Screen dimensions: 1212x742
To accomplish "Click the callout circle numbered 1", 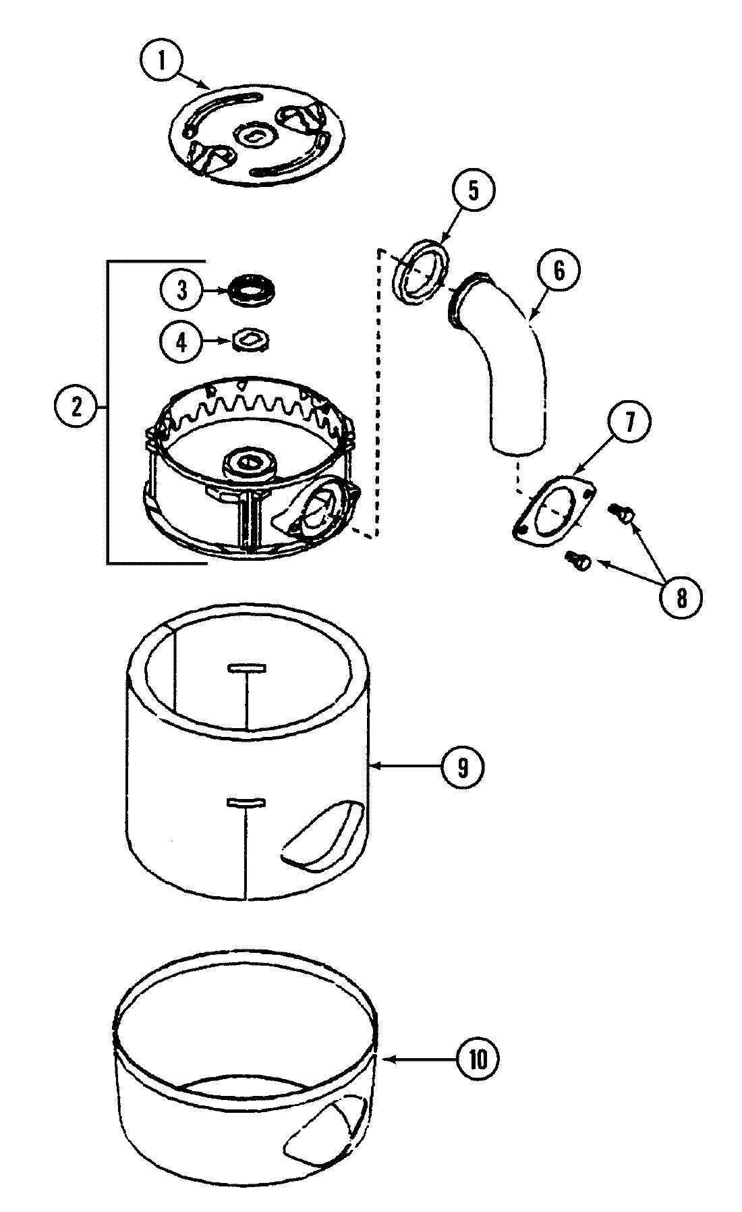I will (x=162, y=61).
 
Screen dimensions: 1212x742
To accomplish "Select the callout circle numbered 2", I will (x=77, y=408).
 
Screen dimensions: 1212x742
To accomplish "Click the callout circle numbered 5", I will (x=473, y=190).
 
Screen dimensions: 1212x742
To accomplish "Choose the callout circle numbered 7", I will (x=629, y=422).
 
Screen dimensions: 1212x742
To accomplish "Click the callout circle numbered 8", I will (x=681, y=597).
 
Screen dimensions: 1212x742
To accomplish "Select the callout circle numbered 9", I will (x=462, y=766).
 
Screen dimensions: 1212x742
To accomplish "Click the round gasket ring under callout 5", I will (x=421, y=272).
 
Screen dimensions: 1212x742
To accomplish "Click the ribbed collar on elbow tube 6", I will (x=462, y=306).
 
